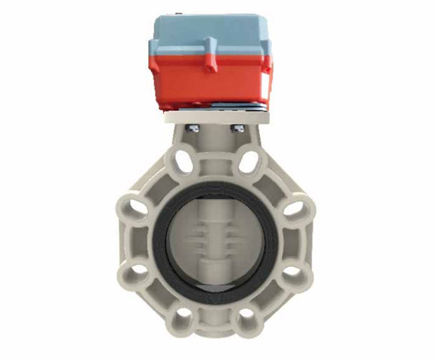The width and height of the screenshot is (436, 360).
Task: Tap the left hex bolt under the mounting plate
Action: coord(191,129)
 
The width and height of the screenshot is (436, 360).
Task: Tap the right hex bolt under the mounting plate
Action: coord(239,129)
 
